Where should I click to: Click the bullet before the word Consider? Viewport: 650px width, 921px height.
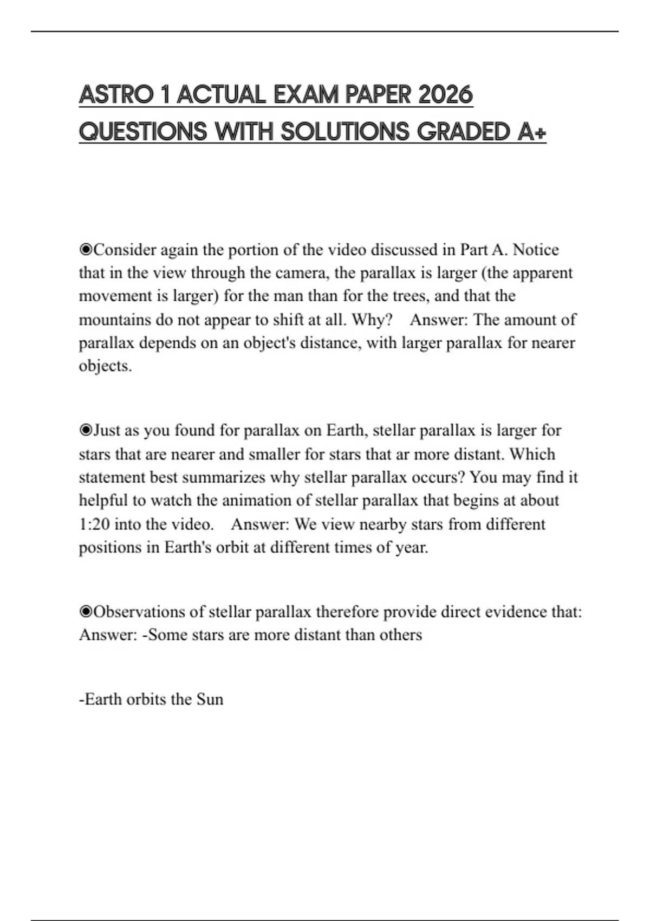(x=86, y=250)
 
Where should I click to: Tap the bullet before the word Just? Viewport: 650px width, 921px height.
(x=86, y=431)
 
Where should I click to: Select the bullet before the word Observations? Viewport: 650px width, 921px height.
(x=86, y=612)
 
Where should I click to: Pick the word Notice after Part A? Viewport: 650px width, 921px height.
(x=536, y=250)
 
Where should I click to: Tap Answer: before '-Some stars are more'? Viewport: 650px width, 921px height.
(x=108, y=635)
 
